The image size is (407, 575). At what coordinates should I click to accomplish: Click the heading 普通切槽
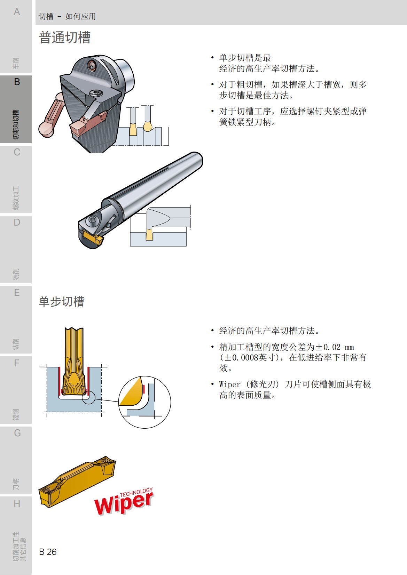point(65,37)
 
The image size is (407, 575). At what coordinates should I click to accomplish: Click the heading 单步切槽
point(62,301)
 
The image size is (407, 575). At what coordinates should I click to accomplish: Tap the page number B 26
point(48,552)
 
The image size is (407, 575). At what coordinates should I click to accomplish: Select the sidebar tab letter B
point(17,82)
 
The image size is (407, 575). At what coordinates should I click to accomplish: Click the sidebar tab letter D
point(17,222)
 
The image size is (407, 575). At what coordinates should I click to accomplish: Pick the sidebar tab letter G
point(17,433)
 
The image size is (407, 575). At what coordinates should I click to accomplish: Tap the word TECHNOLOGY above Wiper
point(136,492)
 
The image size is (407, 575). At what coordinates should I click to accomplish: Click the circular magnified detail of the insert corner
point(144,402)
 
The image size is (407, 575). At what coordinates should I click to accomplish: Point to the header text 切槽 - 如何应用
point(67,16)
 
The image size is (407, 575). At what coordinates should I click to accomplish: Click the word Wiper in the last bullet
point(230,384)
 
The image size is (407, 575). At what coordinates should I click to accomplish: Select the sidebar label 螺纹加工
point(16,198)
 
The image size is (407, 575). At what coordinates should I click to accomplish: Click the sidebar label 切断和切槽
point(16,125)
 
